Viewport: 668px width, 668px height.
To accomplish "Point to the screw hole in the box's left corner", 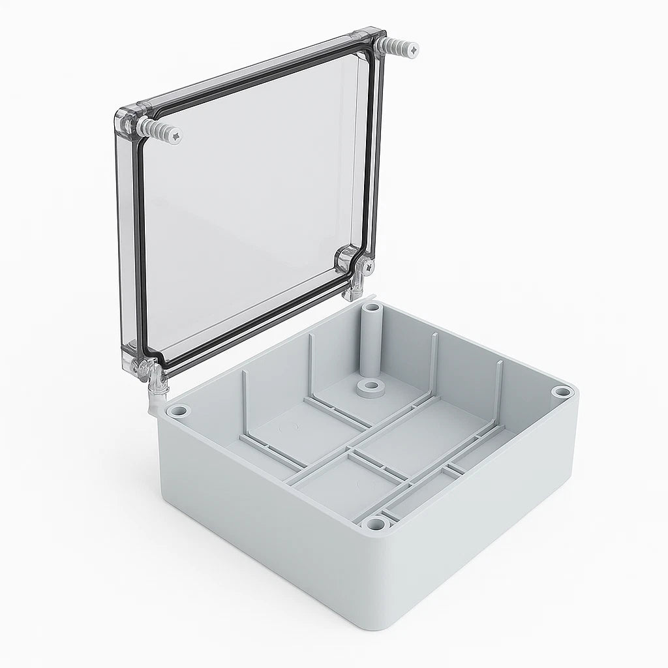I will click(179, 412).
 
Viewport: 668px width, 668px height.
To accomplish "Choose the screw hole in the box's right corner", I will click(562, 392).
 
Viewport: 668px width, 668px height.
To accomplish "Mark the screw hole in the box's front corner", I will click(374, 523).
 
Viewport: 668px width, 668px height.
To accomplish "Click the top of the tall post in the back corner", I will click(371, 307).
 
